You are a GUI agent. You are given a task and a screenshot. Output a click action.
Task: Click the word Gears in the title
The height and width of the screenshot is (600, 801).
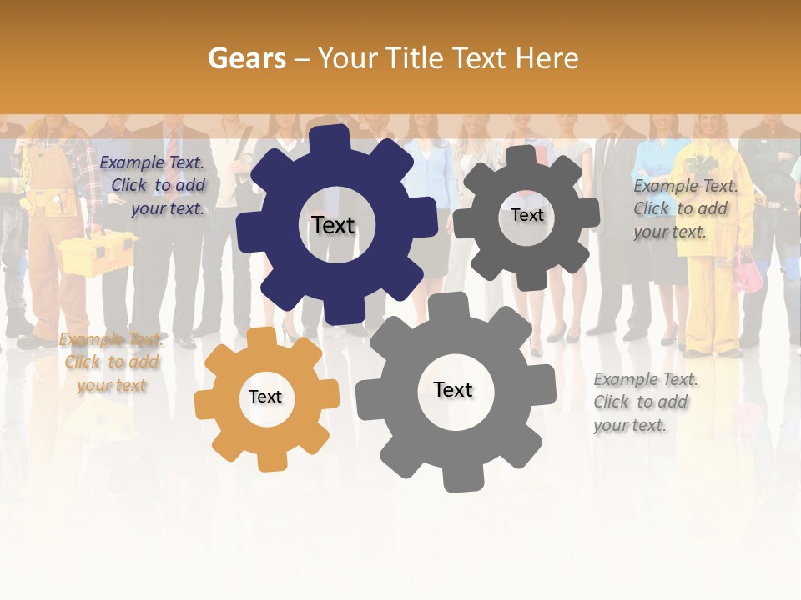pyautogui.click(x=246, y=58)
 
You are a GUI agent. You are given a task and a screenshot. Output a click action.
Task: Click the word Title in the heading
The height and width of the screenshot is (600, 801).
pyautogui.click(x=414, y=58)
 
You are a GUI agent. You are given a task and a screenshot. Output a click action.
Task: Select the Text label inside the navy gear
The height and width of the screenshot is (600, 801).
pyautogui.click(x=333, y=225)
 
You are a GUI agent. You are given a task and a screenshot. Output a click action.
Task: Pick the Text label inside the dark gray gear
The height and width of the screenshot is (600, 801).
pyautogui.click(x=526, y=215)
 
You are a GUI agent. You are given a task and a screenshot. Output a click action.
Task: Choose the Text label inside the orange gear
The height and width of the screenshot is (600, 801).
pyautogui.click(x=264, y=397)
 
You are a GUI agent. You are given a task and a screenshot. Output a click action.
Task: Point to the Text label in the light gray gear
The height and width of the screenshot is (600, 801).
pyautogui.click(x=452, y=389)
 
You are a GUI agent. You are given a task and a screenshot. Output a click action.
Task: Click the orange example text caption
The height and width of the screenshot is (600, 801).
pyautogui.click(x=111, y=362)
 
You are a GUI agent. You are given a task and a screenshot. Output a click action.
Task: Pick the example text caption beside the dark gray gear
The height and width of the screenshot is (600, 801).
pyautogui.click(x=684, y=208)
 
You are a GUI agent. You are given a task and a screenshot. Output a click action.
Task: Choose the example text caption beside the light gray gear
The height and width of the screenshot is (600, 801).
pyautogui.click(x=644, y=402)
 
